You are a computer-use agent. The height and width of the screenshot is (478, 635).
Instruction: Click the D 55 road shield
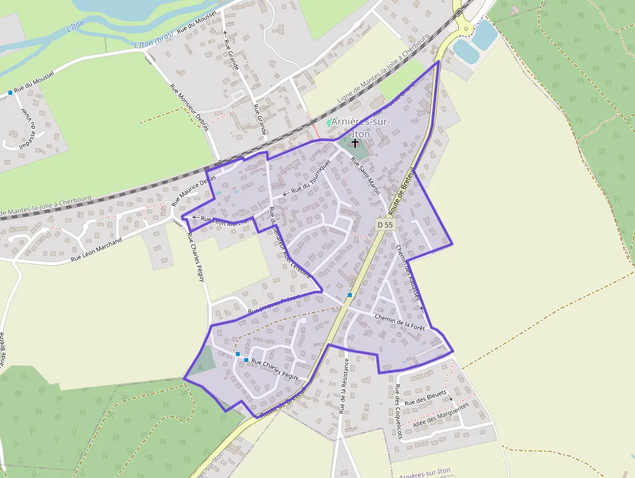pyautogui.click(x=385, y=224)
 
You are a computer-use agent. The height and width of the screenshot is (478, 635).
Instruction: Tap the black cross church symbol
pyautogui.click(x=355, y=143)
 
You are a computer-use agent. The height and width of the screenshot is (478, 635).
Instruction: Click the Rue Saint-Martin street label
pyautogui.click(x=365, y=174)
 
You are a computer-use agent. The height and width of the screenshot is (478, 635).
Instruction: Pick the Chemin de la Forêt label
pyautogui.click(x=400, y=322)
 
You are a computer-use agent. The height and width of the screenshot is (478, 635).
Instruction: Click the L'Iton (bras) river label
pyautogui.click(x=154, y=40)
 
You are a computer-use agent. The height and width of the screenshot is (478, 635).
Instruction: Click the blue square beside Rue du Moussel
pyautogui.click(x=10, y=93)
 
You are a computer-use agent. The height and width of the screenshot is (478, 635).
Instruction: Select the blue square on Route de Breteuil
pyautogui.click(x=349, y=295)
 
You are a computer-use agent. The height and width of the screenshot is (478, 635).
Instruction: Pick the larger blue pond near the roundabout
pyautogui.click(x=485, y=34)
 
